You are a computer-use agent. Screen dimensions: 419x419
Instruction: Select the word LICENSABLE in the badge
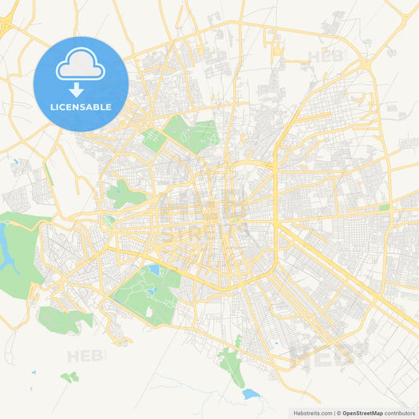(x=80, y=107)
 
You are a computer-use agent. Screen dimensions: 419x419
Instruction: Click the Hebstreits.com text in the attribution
(x=310, y=413)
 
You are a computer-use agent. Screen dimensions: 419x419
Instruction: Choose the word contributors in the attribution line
(x=400, y=413)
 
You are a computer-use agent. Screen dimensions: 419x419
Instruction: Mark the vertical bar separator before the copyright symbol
(x=333, y=413)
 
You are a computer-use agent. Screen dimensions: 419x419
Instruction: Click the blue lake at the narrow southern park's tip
(x=250, y=393)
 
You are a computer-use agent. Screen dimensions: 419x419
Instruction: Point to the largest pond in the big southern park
(x=154, y=270)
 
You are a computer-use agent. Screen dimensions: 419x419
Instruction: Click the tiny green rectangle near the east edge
(x=384, y=208)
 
